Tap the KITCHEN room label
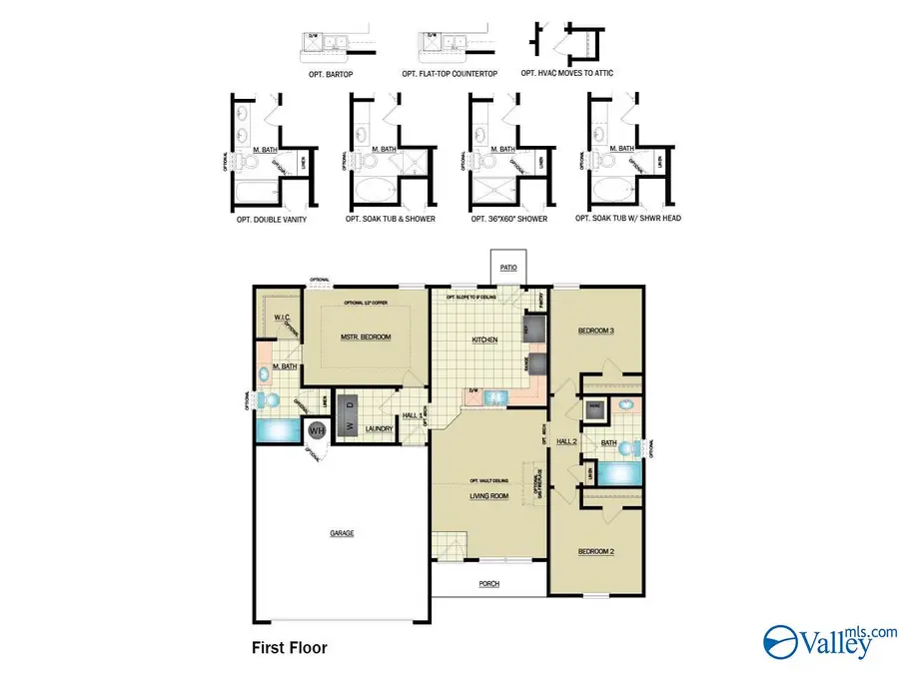(x=484, y=340)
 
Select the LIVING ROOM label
(x=490, y=496)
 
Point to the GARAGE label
(x=342, y=533)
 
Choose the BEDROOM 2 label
(x=595, y=551)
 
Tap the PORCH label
(x=488, y=584)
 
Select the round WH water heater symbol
(x=317, y=430)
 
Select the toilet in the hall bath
(x=626, y=406)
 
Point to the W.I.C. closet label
(x=281, y=318)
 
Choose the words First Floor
(x=289, y=648)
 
